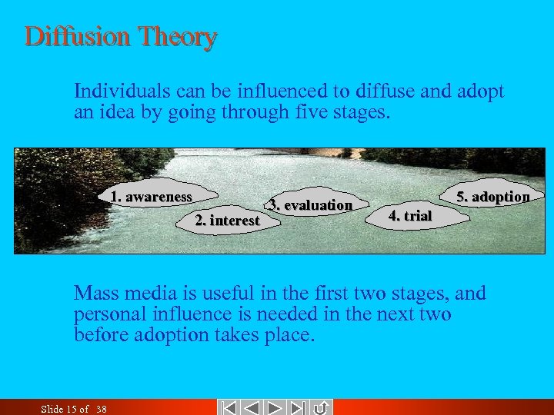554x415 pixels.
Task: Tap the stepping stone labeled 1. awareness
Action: [x=151, y=197]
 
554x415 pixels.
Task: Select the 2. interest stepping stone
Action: [x=228, y=220]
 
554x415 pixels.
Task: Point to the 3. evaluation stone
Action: [x=310, y=204]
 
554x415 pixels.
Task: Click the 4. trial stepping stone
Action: [x=411, y=216]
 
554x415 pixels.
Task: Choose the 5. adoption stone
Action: [x=492, y=197]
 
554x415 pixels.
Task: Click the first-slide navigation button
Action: [x=229, y=407]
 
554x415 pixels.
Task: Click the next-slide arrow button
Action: [x=275, y=407]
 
